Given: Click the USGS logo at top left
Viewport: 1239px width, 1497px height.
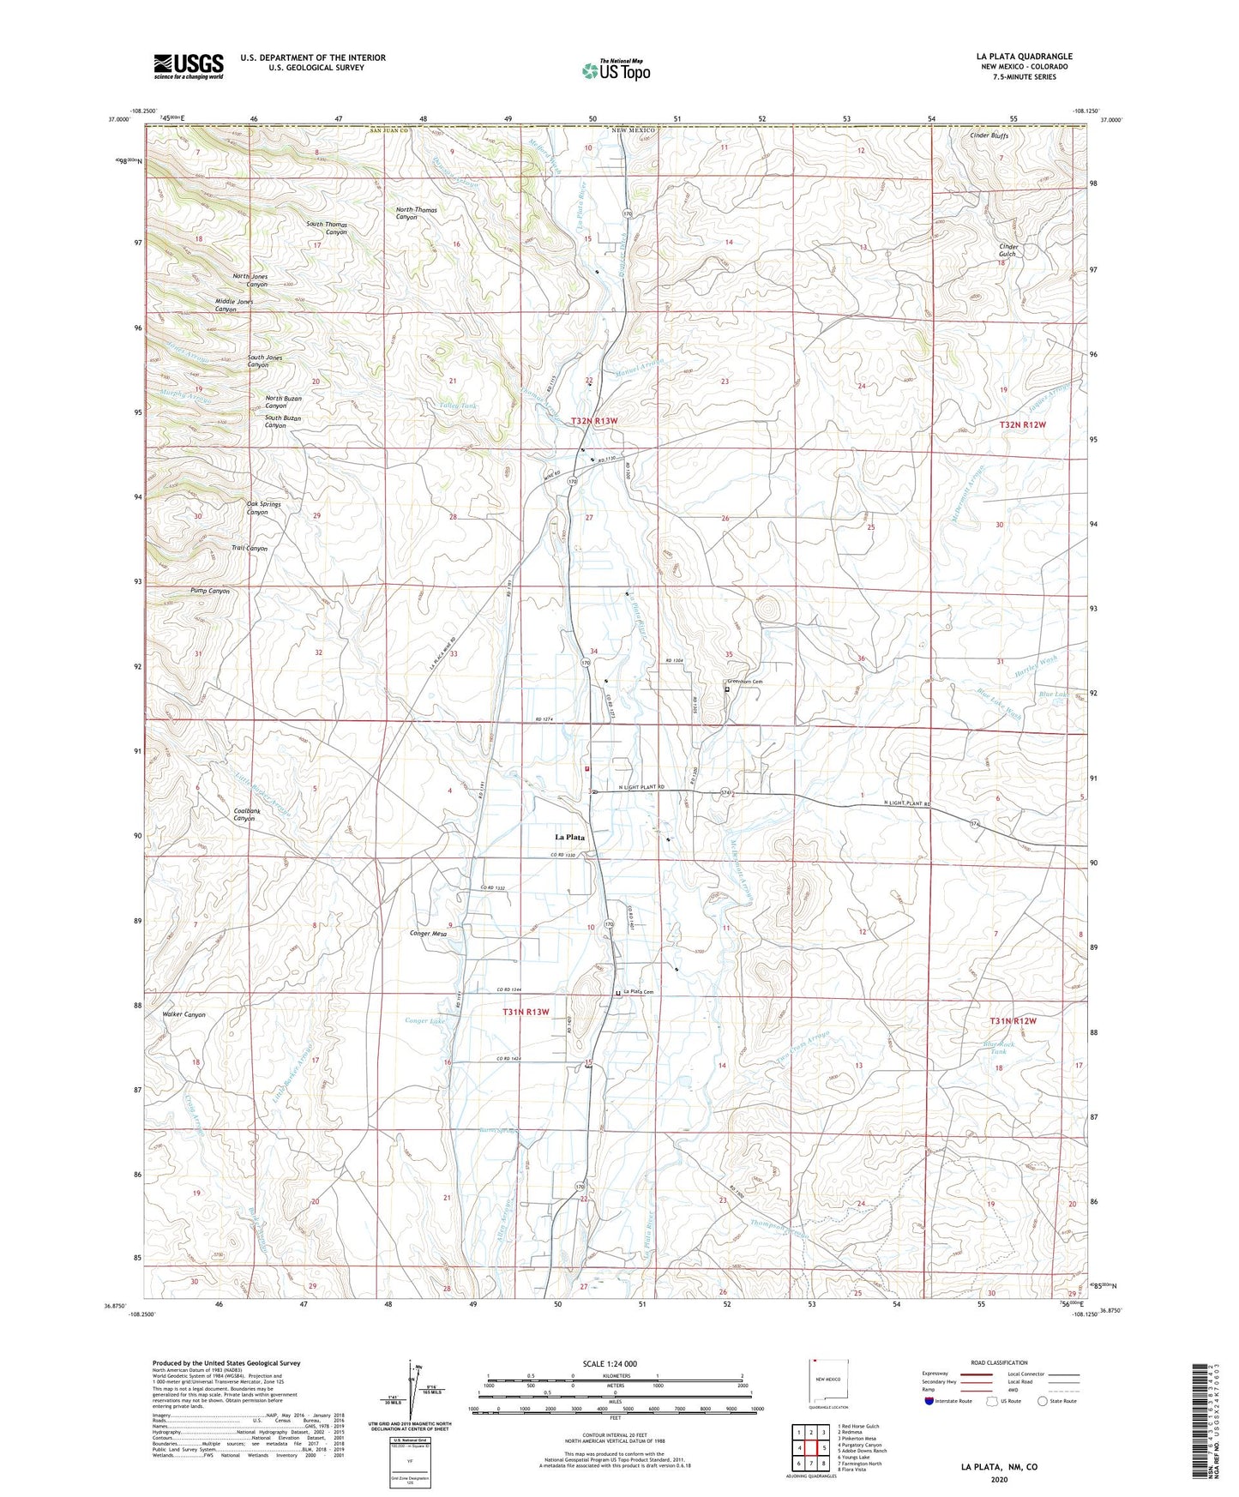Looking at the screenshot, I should click(x=189, y=65).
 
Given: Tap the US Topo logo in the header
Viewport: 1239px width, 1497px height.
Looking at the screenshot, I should click(x=616, y=69).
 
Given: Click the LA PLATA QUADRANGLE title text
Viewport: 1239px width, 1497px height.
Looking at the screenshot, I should click(x=1024, y=56).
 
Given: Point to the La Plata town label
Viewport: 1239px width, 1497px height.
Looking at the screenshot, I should click(x=569, y=837).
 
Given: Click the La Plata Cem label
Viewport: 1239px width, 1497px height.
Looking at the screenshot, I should click(x=638, y=993).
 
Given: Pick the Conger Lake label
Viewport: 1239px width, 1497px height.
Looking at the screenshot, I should click(x=425, y=1020).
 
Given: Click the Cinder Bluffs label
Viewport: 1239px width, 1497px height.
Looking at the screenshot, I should click(x=989, y=135).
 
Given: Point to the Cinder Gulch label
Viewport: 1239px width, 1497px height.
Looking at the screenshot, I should click(x=1007, y=250).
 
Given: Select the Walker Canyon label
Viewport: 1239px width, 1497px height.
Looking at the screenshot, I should click(x=183, y=1014).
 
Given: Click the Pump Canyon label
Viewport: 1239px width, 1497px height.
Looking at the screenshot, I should click(x=209, y=591).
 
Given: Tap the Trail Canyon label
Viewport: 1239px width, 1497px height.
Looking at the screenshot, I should click(x=250, y=548).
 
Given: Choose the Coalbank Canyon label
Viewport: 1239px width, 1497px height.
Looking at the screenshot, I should click(x=244, y=814).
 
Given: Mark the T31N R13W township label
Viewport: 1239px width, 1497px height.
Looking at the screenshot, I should click(x=526, y=1012).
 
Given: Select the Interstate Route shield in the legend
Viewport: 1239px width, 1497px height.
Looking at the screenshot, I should click(x=929, y=1401).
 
